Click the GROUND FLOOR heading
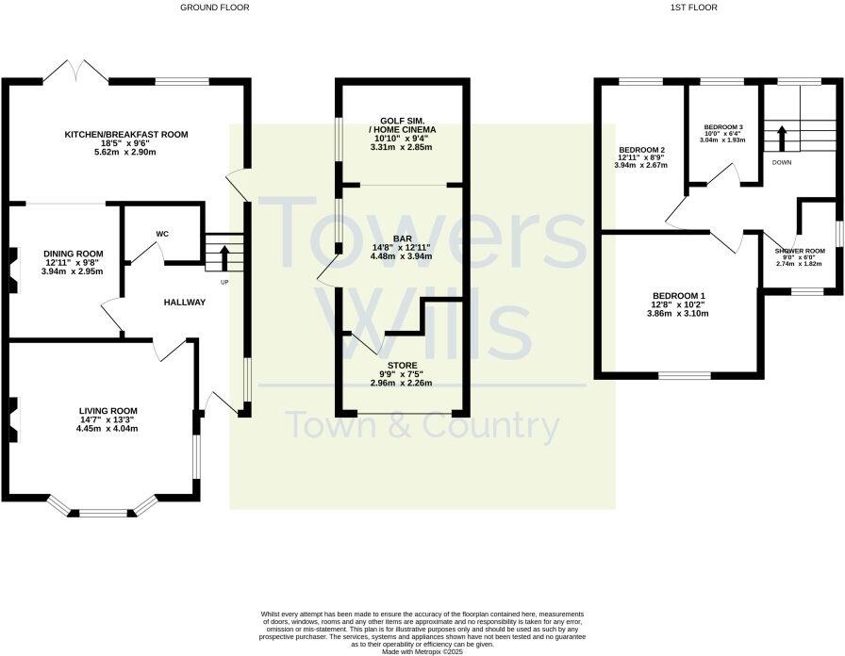click(x=215, y=8)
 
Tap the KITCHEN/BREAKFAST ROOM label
click(x=126, y=135)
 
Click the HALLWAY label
click(x=184, y=303)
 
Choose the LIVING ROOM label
click(x=108, y=411)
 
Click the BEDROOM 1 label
click(x=679, y=297)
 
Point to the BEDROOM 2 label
click(x=642, y=150)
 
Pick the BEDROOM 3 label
click(x=723, y=126)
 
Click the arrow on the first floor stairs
click(x=781, y=138)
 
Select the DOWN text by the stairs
click(x=782, y=162)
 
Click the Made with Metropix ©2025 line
click(x=422, y=651)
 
